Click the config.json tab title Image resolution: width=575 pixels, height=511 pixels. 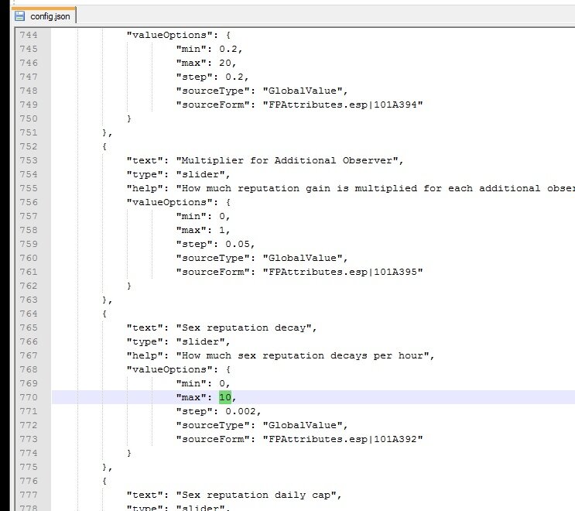tap(50, 16)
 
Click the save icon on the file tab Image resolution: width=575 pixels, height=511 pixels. tap(20, 16)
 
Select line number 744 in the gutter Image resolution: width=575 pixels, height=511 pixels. tap(29, 35)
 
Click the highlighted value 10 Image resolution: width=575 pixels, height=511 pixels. tap(225, 397)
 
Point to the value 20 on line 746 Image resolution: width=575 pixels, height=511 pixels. tap(225, 63)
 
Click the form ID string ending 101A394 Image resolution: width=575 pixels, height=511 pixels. tap(343, 105)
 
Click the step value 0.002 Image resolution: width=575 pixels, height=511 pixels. tap(241, 411)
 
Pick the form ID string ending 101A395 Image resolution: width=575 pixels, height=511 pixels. tap(343, 272)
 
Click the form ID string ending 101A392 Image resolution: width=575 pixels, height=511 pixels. tap(343, 439)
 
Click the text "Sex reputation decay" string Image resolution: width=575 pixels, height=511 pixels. tap(244, 328)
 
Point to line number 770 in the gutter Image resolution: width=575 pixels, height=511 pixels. tap(29, 397)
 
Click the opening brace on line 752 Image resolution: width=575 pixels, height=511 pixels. tap(104, 146)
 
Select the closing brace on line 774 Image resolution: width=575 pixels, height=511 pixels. tap(129, 453)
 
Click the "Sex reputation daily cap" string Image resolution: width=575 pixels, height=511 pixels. tap(256, 495)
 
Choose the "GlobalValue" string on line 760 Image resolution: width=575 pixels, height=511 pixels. tap(303, 258)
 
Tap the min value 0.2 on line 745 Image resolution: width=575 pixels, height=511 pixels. tap(228, 49)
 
